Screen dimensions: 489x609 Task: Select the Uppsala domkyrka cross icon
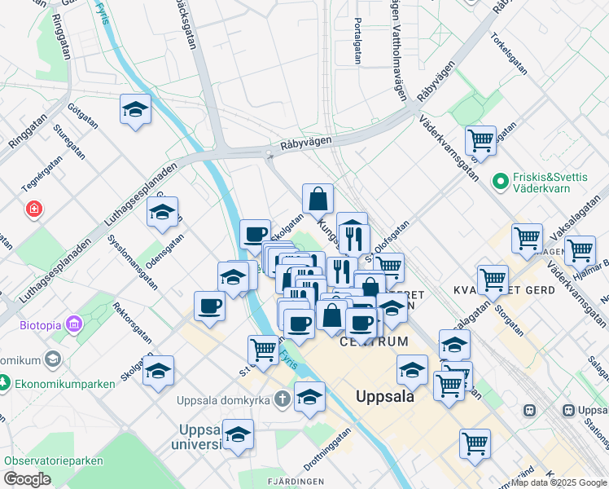click(x=282, y=399)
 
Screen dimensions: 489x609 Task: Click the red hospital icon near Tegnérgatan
click(x=33, y=209)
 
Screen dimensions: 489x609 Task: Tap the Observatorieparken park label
click(x=54, y=460)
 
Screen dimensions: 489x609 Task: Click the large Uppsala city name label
click(x=385, y=397)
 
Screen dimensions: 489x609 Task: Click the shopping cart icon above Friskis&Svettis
click(x=481, y=139)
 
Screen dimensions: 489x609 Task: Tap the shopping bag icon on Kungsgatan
click(x=318, y=197)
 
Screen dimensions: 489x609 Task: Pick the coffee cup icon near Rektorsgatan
click(x=210, y=306)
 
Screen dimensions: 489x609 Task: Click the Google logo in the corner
click(x=27, y=479)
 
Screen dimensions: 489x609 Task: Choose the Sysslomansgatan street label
click(x=136, y=262)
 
